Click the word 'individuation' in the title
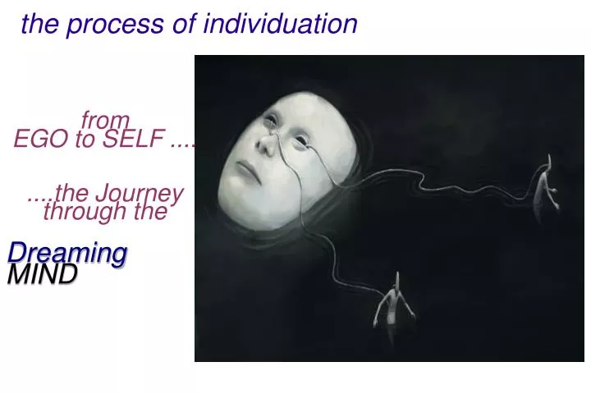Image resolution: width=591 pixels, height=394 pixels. click(x=281, y=24)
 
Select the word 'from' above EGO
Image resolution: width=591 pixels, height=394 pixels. click(x=105, y=121)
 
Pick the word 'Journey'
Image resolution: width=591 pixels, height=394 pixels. click(x=139, y=194)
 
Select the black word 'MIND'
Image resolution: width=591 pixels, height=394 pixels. click(x=42, y=274)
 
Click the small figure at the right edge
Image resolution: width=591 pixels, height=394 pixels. click(x=543, y=187)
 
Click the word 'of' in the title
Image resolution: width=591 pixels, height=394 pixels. click(x=183, y=24)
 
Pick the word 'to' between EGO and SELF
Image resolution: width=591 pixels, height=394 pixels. click(x=85, y=140)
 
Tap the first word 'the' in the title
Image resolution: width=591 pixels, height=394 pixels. click(x=40, y=24)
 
